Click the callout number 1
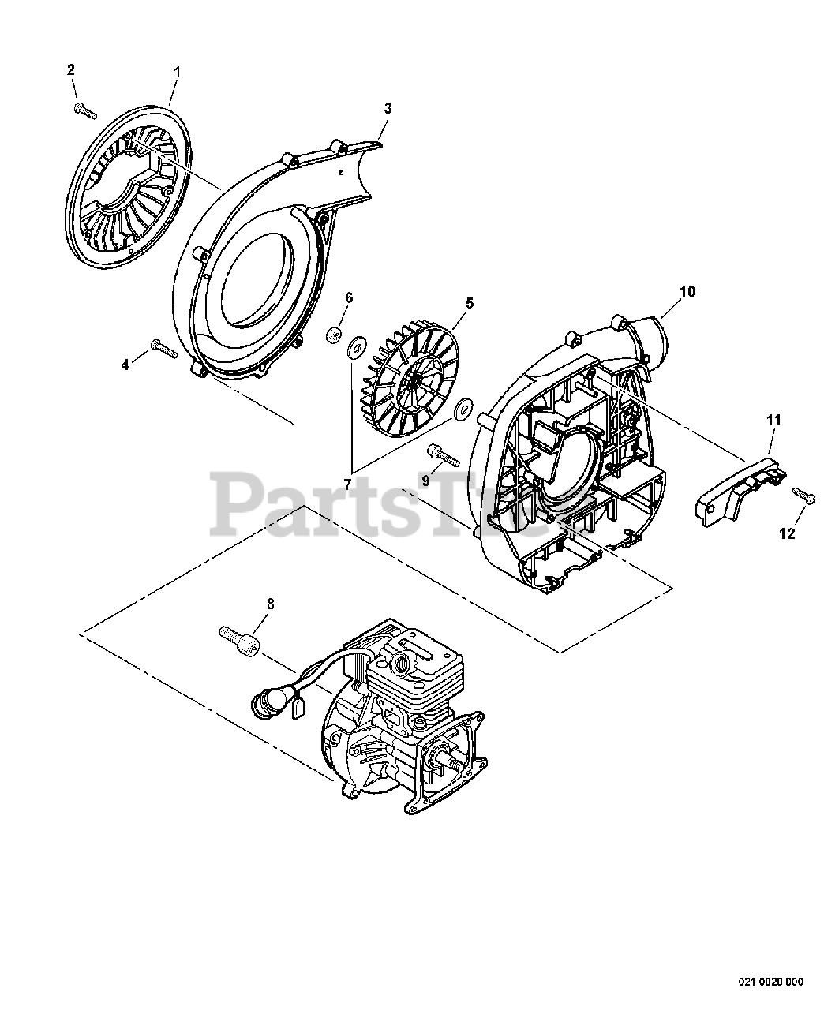click(x=177, y=72)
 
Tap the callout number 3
click(x=388, y=108)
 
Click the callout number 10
click(x=687, y=291)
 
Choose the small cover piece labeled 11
click(x=741, y=488)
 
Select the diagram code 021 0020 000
click(x=770, y=982)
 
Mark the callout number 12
click(x=787, y=533)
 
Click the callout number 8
click(x=270, y=604)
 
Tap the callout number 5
click(x=470, y=302)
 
